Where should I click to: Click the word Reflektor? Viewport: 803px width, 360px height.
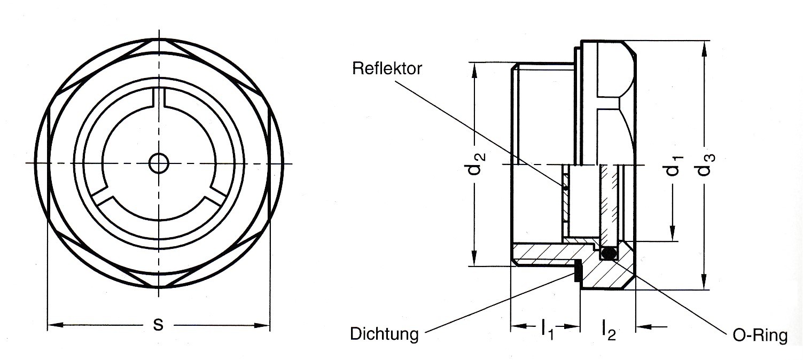pyautogui.click(x=387, y=69)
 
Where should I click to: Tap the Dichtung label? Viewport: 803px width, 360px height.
pyautogui.click(x=384, y=335)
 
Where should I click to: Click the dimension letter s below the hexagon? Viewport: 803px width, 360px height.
pyautogui.click(x=158, y=324)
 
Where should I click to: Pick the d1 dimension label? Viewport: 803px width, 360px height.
pyautogui.click(x=674, y=166)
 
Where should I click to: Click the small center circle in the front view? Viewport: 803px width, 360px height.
pyautogui.click(x=158, y=163)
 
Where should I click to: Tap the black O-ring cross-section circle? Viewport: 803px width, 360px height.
pyautogui.click(x=608, y=253)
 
